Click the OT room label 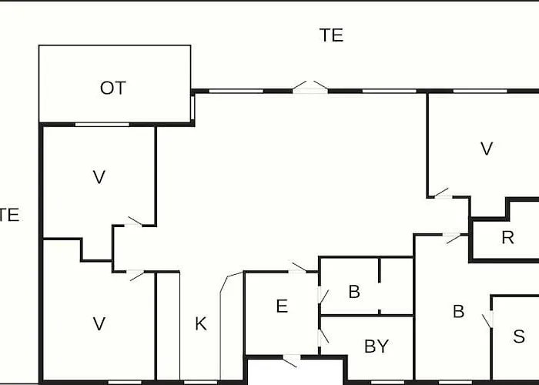point(113,88)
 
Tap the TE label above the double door point(331,35)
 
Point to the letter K point(201,324)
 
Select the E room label point(282,306)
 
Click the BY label point(377,346)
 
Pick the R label point(508,237)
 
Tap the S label point(519,336)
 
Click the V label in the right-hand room point(487,149)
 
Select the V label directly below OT point(99,177)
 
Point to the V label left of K point(99,324)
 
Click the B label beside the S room point(459,311)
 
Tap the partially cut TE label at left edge point(9,215)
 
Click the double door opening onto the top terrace point(310,87)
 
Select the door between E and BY point(323,337)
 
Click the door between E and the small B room point(323,296)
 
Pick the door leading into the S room point(488,320)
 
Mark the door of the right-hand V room point(442,194)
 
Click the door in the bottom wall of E point(291,361)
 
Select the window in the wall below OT point(102,125)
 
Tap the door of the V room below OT point(134,222)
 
